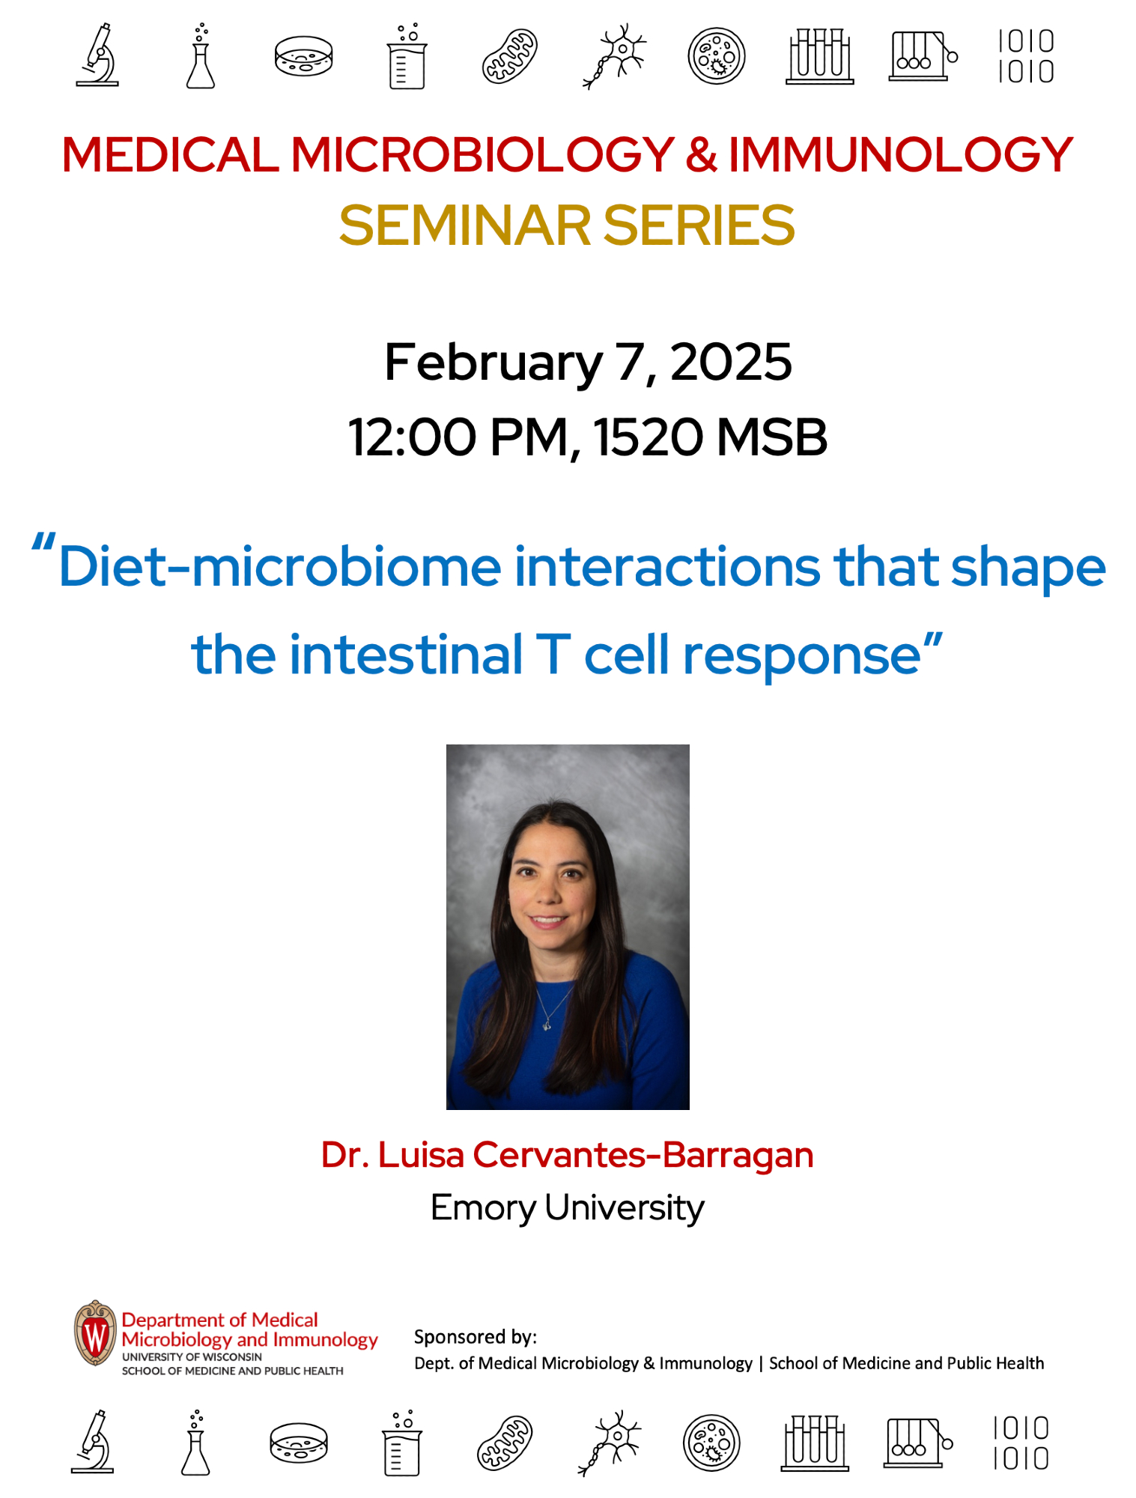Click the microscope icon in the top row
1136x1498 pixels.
tap(97, 55)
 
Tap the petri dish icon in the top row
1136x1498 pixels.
tap(303, 57)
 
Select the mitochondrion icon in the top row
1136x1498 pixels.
tap(509, 56)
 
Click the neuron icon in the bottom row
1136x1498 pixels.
tap(611, 1443)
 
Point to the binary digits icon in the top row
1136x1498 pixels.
tap(1026, 57)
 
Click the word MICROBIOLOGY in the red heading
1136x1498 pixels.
tap(482, 155)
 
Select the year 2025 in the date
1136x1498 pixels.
tap(731, 363)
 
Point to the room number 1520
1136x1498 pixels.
tap(649, 437)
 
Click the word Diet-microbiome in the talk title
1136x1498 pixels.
tap(279, 567)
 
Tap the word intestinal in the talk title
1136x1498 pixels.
tap(406, 655)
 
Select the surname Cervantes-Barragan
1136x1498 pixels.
tap(643, 1156)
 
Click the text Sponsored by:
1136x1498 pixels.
tap(476, 1337)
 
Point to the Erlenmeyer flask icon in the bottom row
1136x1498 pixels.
tap(195, 1443)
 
